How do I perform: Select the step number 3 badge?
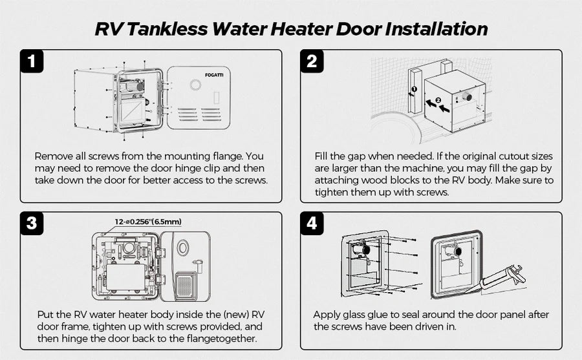(x=32, y=224)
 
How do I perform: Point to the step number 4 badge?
(x=312, y=224)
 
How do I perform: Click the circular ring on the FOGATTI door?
(x=196, y=85)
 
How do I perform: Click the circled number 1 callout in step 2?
(x=415, y=89)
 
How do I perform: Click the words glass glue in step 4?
(x=367, y=315)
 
